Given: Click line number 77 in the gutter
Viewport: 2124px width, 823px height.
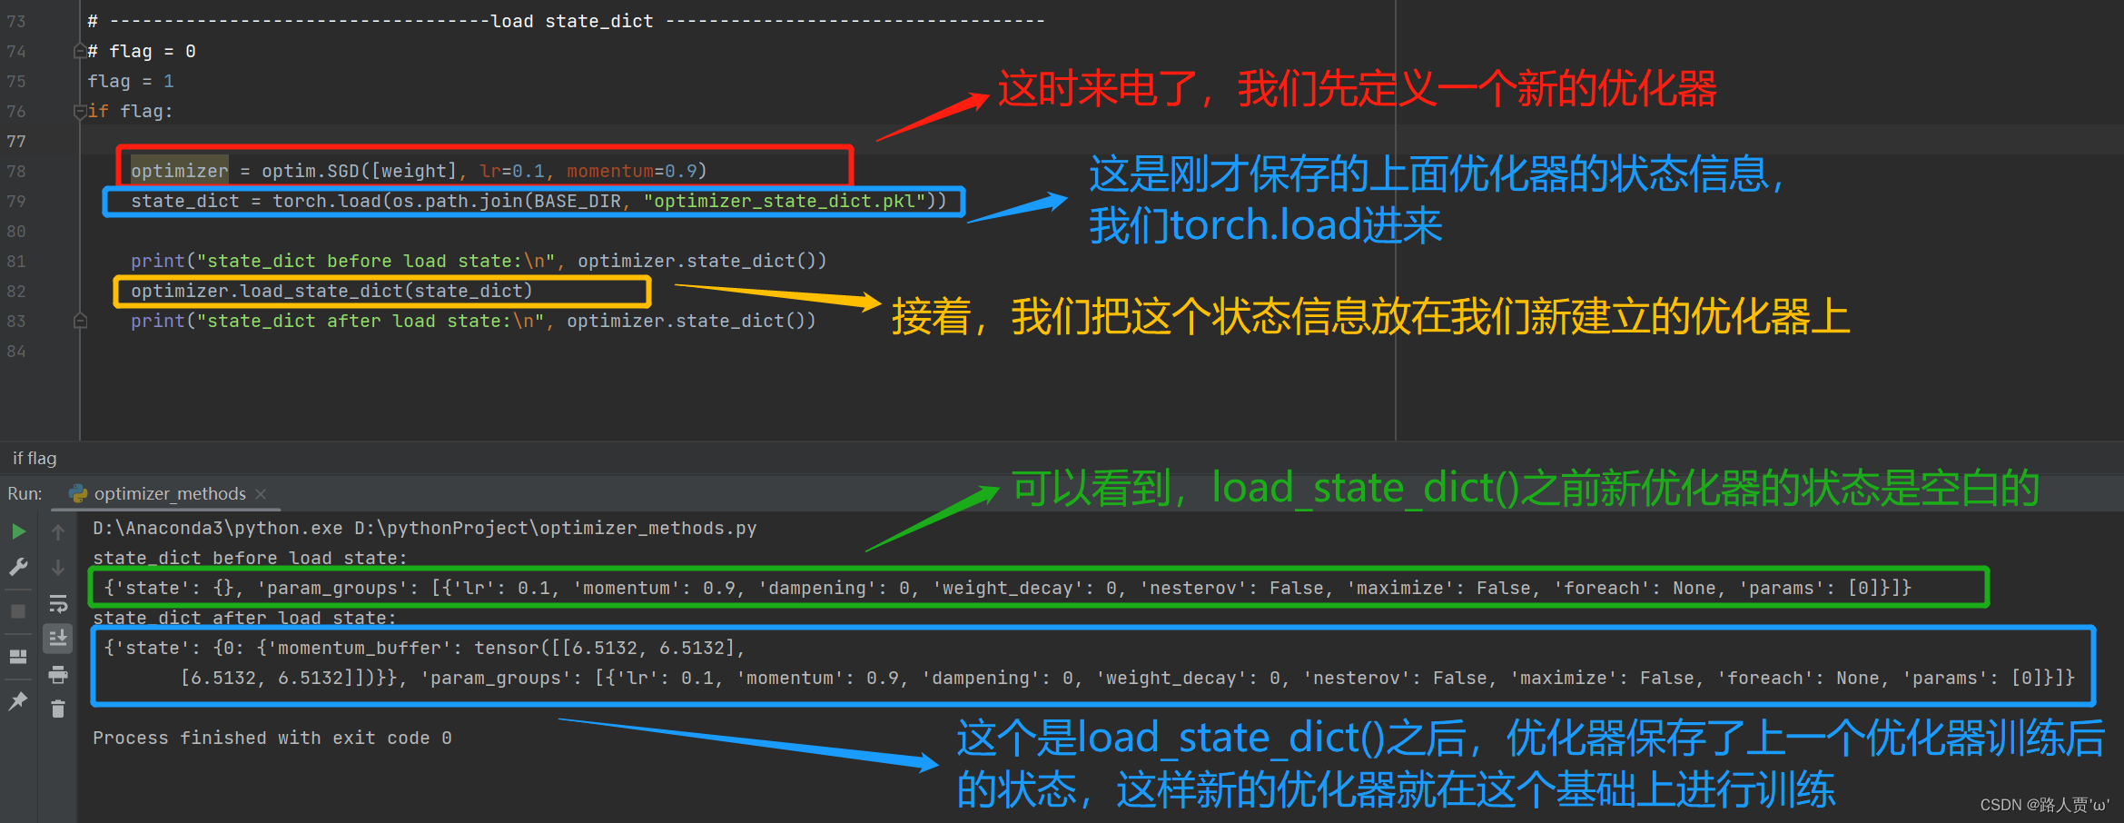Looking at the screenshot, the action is [x=16, y=141].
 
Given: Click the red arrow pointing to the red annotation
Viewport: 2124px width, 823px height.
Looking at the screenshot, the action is [x=933, y=117].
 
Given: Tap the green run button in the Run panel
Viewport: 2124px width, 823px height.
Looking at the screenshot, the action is [x=18, y=531].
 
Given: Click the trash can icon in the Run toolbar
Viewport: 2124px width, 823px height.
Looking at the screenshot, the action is [x=58, y=709].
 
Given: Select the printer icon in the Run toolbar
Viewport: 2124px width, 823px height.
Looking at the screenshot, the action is [x=58, y=674].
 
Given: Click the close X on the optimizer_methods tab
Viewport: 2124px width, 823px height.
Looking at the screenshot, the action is [x=261, y=493].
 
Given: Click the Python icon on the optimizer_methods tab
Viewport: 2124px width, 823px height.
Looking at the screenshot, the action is [x=78, y=493].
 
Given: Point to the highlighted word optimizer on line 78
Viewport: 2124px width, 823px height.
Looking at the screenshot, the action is [x=179, y=171].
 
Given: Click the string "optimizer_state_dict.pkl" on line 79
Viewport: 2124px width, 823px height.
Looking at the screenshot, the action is [x=785, y=201].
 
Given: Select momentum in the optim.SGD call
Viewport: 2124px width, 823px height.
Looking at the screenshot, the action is [x=609, y=171].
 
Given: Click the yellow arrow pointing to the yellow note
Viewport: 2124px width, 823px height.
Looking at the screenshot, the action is [x=778, y=296].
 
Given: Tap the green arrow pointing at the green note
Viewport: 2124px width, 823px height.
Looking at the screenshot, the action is [x=932, y=519].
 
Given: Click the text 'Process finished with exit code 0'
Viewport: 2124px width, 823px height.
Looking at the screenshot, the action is [x=272, y=738].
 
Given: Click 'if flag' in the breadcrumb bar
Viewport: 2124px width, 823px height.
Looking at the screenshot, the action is [x=35, y=459].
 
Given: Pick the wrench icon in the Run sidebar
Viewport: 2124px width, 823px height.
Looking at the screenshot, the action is [x=18, y=567].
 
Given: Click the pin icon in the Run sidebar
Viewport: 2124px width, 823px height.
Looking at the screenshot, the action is [x=18, y=701].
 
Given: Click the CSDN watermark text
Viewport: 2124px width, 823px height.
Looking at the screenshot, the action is [x=2044, y=805].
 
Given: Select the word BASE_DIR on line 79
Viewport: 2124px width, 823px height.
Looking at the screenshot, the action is [x=578, y=201].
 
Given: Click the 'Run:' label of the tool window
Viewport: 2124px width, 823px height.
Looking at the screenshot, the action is [x=25, y=493].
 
